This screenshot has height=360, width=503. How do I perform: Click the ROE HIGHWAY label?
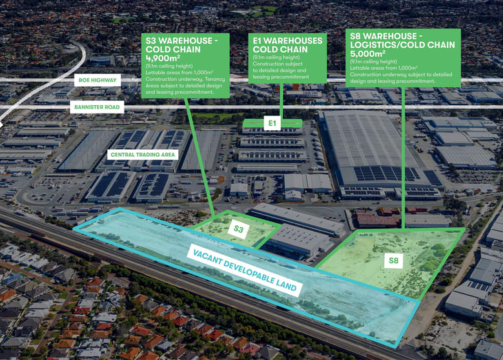pos(98,80)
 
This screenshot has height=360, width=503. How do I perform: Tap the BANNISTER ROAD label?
pos(97,107)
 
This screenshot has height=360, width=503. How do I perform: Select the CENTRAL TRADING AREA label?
pos(143,155)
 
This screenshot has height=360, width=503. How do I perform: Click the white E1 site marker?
pos(272,123)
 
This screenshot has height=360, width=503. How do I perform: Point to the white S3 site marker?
pos(238,229)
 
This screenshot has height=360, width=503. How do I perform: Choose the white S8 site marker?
pos(394,261)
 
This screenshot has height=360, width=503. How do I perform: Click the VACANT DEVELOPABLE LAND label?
pos(245,270)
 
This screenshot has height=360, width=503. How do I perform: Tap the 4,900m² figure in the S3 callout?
pos(163,58)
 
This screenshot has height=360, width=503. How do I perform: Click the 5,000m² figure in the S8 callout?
pos(367,54)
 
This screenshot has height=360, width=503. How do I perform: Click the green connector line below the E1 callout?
pos(282,101)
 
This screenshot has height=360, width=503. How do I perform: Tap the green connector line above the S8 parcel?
pos(403,157)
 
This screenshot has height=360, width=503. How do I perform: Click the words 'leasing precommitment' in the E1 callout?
pos(281,77)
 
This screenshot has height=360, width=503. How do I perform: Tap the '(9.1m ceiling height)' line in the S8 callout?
pos(373,61)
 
